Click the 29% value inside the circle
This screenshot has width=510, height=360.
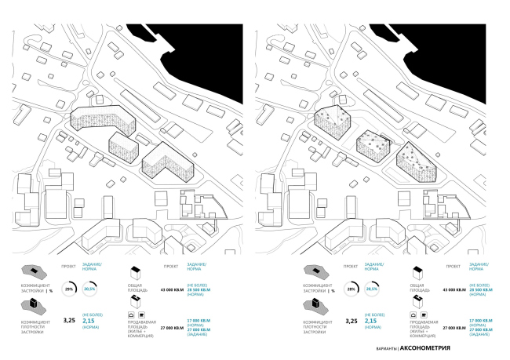68,289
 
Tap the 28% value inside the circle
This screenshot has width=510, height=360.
351,289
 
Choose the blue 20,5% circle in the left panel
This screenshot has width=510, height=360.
91,289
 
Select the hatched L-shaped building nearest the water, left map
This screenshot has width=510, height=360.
167,161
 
